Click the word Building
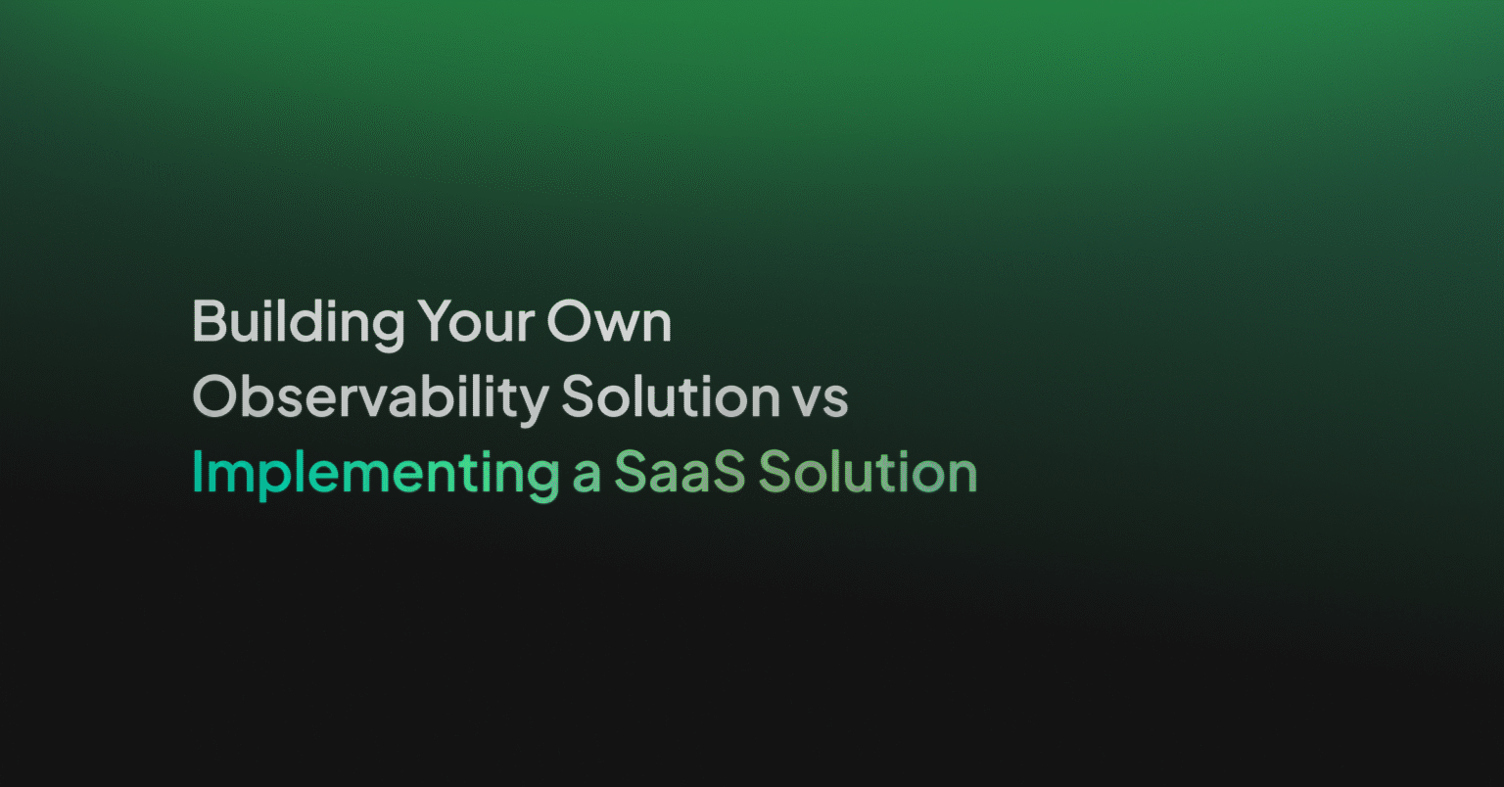click(x=298, y=321)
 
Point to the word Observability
click(x=370, y=397)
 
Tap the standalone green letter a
click(x=587, y=476)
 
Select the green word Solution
click(x=869, y=473)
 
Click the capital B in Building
click(x=209, y=321)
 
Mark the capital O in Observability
click(x=214, y=396)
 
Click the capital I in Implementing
click(x=197, y=473)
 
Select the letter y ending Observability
click(x=535, y=402)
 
